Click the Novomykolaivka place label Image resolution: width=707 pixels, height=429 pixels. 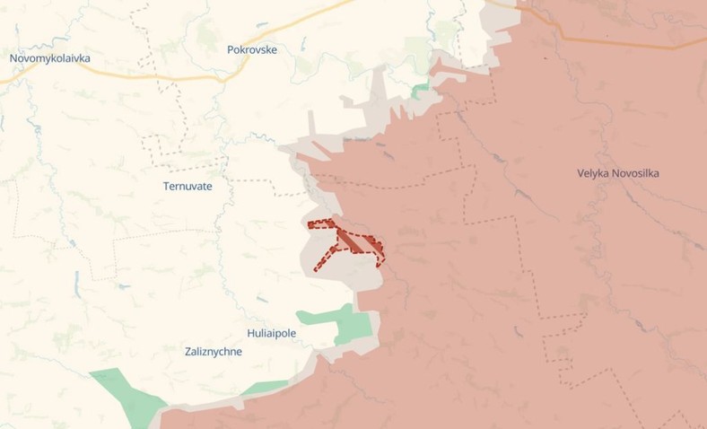tap(50, 58)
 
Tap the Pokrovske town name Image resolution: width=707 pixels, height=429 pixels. tap(252, 50)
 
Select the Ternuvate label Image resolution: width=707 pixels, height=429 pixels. tap(188, 187)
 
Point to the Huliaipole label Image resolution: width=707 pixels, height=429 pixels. tap(266, 334)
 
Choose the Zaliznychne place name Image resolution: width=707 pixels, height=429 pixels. tap(201, 352)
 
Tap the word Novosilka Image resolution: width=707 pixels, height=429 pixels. tap(637, 173)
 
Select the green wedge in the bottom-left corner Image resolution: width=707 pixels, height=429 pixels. tap(126, 395)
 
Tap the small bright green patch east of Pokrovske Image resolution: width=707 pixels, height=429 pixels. tap(420, 90)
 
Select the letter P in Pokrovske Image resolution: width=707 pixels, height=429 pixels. tap(231, 50)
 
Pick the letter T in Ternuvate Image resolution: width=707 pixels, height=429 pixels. tap(166, 187)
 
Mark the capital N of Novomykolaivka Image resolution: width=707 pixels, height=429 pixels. tap(13, 58)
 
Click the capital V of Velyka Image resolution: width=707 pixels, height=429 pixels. tap(581, 173)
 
